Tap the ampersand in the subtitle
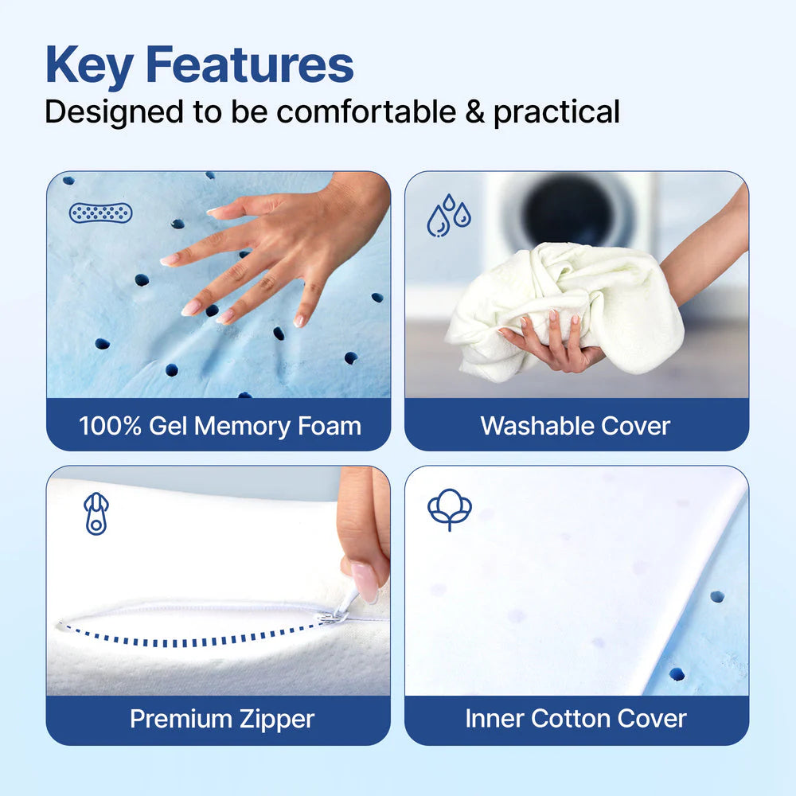pyautogui.click(x=474, y=111)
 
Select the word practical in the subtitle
pyautogui.click(x=556, y=113)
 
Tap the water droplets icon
pyautogui.click(x=448, y=215)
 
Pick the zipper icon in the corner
pyautogui.click(x=96, y=514)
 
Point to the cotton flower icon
pyautogui.click(x=449, y=510)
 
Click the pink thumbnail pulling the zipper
pyautogui.click(x=365, y=582)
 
